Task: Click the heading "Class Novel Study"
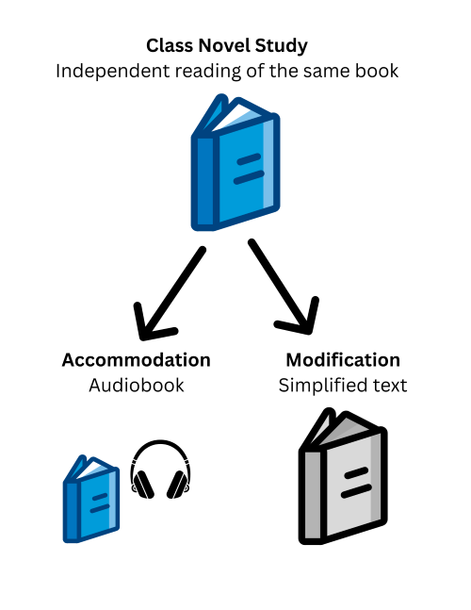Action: [226, 45]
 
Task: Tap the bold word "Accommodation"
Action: [136, 360]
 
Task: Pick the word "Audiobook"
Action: [136, 386]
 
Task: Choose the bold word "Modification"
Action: [343, 360]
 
